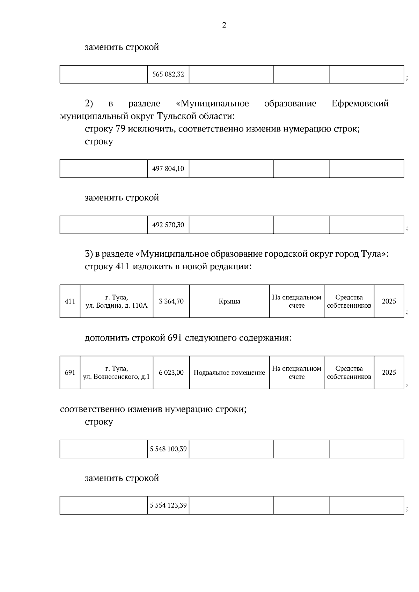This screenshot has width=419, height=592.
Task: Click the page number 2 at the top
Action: click(x=224, y=25)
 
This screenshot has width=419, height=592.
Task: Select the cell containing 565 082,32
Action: click(x=168, y=74)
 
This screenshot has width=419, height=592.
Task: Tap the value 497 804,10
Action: click(x=168, y=169)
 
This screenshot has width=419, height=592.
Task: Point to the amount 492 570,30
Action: click(x=168, y=225)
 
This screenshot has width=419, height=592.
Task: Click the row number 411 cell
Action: click(x=70, y=301)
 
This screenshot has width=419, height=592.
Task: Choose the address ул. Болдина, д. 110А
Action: click(x=117, y=306)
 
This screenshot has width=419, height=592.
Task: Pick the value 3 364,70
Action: click(x=171, y=301)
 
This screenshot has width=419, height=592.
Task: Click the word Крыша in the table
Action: click(x=229, y=301)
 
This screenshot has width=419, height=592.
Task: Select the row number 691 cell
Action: click(x=70, y=373)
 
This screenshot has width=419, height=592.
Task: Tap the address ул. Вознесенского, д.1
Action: click(x=117, y=377)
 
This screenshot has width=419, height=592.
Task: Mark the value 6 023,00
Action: click(x=171, y=373)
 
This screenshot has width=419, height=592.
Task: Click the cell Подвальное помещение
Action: click(x=229, y=373)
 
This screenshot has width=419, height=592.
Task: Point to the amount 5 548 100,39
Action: click(x=168, y=449)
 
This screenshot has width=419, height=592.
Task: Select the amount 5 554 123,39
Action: click(x=168, y=505)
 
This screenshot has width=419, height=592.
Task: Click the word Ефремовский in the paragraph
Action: click(x=360, y=104)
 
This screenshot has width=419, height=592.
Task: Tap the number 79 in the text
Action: click(x=120, y=129)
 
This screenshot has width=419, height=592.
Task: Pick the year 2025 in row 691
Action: click(x=389, y=373)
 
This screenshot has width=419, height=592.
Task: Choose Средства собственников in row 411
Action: click(x=349, y=301)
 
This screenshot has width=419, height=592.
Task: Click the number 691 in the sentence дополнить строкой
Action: click(x=175, y=338)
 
